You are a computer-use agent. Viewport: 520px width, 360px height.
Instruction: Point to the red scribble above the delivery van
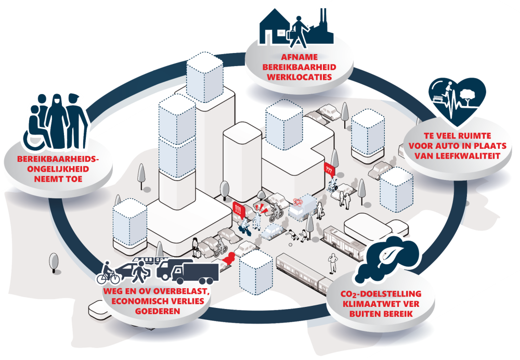300,201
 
